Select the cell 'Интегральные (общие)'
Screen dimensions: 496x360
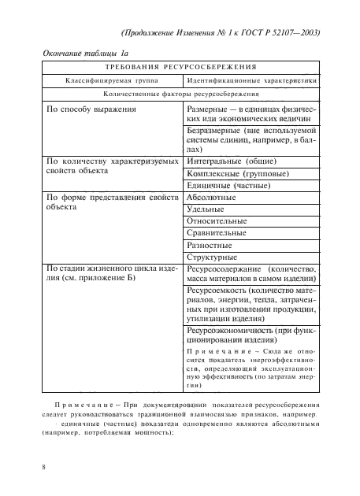tap(230, 161)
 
